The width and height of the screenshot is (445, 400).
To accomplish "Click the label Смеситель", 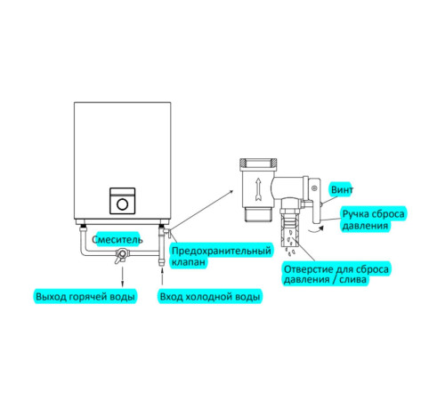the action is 117,239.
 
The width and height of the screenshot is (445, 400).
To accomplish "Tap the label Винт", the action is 342,189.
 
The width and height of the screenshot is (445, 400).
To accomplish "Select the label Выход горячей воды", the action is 85,297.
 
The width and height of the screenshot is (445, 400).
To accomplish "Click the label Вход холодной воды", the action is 210,297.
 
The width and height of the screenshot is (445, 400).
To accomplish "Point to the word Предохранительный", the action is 222,251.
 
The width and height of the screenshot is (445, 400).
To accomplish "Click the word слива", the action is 352,280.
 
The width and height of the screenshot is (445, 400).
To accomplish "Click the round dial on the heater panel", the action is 123,204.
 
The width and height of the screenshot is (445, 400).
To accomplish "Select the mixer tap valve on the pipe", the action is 122,255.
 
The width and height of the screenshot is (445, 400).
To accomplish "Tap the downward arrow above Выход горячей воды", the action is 122,276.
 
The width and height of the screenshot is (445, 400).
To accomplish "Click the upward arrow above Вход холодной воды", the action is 162,276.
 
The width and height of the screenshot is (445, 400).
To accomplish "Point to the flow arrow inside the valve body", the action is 258,189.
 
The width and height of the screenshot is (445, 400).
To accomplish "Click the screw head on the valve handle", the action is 314,188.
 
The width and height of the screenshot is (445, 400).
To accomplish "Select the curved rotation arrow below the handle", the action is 316,228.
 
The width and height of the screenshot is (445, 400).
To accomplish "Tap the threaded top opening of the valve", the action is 258,164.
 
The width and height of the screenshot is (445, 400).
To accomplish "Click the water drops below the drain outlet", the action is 289,252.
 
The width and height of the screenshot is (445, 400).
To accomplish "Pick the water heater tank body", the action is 123,161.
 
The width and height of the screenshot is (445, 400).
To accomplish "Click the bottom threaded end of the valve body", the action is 258,214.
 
